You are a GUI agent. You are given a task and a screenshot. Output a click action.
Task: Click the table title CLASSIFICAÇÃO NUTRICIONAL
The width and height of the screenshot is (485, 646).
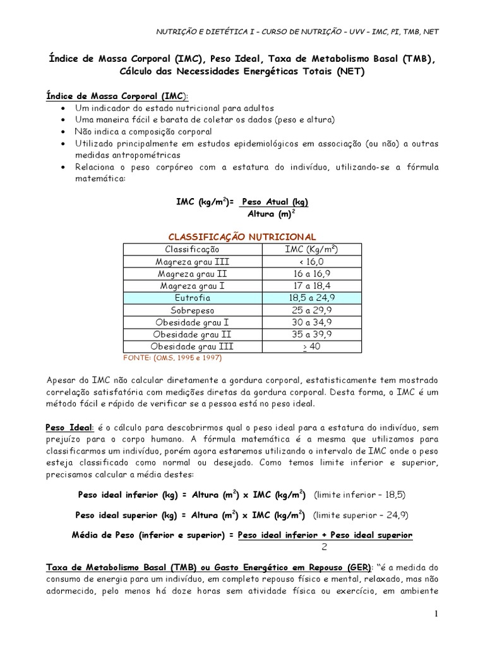click(241, 236)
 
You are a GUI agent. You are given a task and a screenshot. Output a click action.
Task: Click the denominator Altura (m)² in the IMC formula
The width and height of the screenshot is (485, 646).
click(271, 214)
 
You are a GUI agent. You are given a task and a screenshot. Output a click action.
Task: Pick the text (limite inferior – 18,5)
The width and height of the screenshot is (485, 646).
click(359, 494)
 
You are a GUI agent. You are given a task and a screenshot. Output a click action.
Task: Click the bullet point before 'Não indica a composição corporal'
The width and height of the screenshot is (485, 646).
click(66, 132)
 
